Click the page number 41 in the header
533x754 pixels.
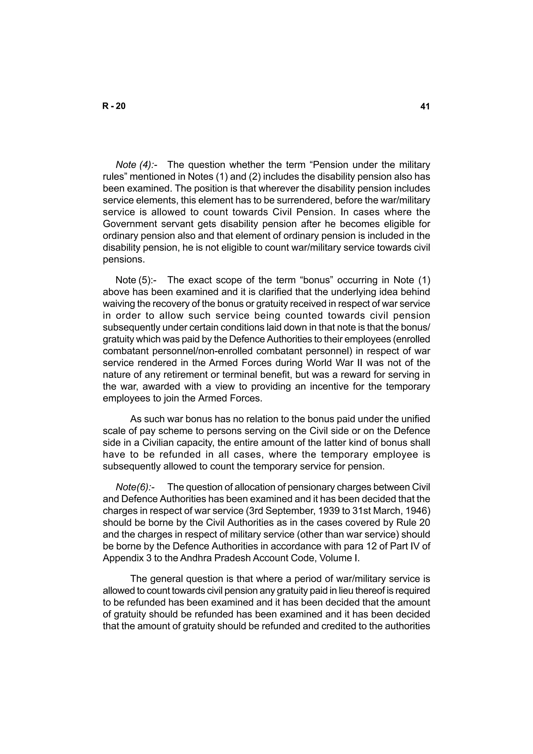[x=425, y=106]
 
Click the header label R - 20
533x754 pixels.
[x=114, y=106]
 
